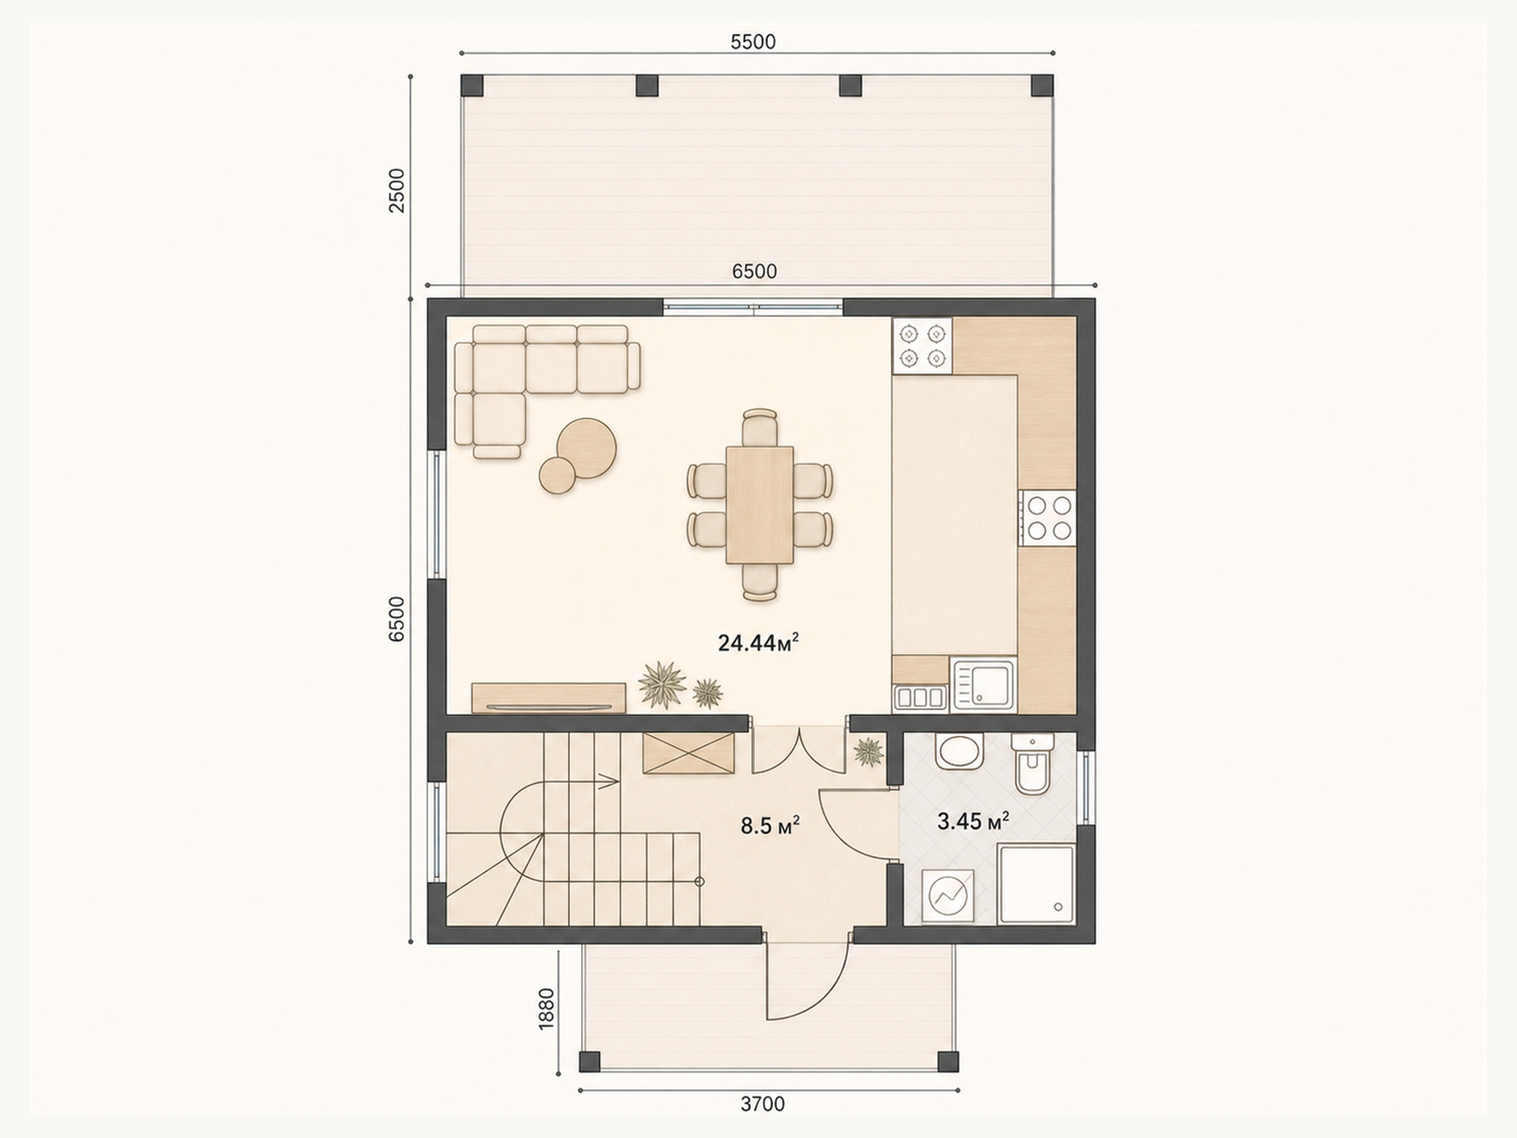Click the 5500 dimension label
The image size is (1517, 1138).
coord(754,42)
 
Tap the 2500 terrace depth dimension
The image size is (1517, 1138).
coord(396,190)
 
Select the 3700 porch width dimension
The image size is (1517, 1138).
coord(763,1104)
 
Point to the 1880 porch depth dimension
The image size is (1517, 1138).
coord(546,1009)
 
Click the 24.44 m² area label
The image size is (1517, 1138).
coord(758,643)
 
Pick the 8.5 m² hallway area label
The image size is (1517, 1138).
coord(771,825)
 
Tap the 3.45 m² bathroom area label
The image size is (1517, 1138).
coord(973,821)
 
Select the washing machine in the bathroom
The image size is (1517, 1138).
coord(948,896)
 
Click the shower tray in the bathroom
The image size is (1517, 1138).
coord(1036,884)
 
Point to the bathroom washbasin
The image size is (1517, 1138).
coord(960,752)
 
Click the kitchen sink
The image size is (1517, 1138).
coord(983,684)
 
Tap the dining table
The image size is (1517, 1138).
coord(759,505)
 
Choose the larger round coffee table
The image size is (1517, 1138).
coord(587,449)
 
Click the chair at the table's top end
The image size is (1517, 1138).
coord(759,428)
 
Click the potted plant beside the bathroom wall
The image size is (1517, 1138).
coord(868,751)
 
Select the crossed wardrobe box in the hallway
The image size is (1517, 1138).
coord(688,753)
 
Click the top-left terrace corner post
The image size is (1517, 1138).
coord(473,85)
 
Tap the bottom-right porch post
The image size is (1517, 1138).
coord(947,1061)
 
